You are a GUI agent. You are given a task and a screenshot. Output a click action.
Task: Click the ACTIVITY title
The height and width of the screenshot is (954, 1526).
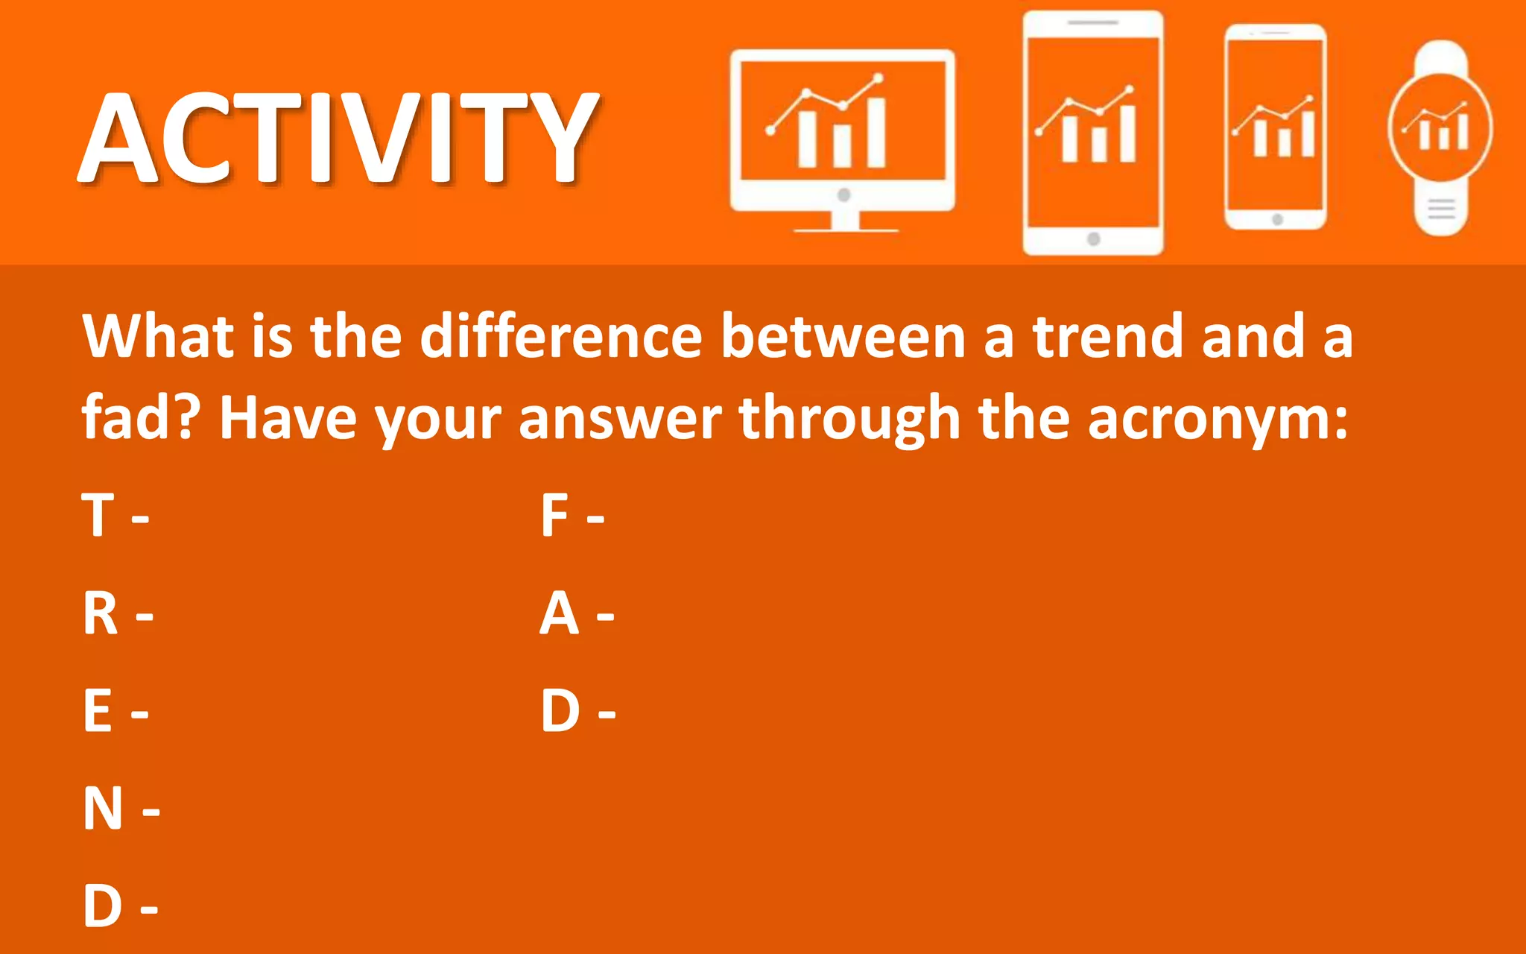pos(339,138)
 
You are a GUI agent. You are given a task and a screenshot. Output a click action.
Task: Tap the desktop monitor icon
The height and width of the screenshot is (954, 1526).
pos(842,138)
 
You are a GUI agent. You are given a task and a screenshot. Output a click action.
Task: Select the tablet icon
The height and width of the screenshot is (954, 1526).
pos(1093,133)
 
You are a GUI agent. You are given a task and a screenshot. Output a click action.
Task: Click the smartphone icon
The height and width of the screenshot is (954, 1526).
pos(1276,127)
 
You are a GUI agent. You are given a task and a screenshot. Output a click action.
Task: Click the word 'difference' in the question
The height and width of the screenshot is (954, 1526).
pos(561,337)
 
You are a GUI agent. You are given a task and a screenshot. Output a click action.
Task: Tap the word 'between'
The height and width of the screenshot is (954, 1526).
pos(843,337)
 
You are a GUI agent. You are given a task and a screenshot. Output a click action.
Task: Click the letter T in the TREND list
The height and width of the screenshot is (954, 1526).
pos(98,515)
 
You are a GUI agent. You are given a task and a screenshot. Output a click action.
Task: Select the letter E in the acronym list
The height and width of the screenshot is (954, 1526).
pos(98,711)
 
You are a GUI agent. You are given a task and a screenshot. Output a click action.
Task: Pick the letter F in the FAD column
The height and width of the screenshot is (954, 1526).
pos(554,515)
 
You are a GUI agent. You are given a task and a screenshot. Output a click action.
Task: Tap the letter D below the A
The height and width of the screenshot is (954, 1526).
pos(560,711)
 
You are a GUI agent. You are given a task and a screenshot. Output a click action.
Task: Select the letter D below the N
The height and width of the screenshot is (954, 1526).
pos(102,906)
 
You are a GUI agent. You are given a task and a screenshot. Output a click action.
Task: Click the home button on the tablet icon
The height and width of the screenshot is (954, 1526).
pos(1093,239)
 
